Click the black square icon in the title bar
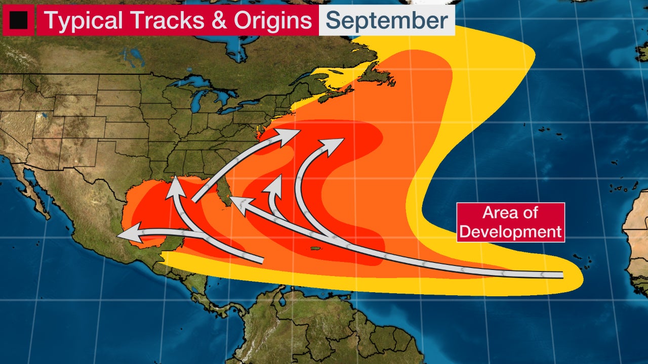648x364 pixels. pyautogui.click(x=18, y=20)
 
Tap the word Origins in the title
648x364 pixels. pyautogui.click(x=274, y=20)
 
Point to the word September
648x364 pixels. pyautogui.click(x=386, y=20)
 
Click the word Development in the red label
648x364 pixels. pyautogui.click(x=510, y=232)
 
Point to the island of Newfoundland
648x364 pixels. pyautogui.click(x=377, y=76)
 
